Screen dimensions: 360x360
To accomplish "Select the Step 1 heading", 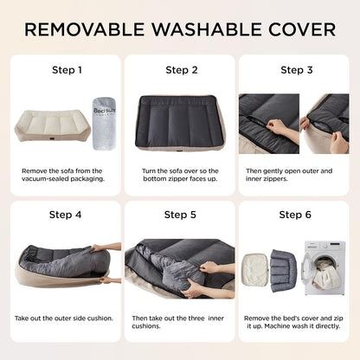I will pyautogui.click(x=67, y=70).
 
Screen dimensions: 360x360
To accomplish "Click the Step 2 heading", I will pyautogui.click(x=182, y=70).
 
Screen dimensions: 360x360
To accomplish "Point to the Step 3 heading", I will pyautogui.click(x=294, y=70).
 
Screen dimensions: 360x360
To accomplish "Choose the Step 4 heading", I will pyautogui.click(x=67, y=215).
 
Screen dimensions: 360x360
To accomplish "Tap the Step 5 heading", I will pyautogui.click(x=182, y=215).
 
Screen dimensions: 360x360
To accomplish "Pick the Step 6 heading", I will pyautogui.click(x=294, y=215).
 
